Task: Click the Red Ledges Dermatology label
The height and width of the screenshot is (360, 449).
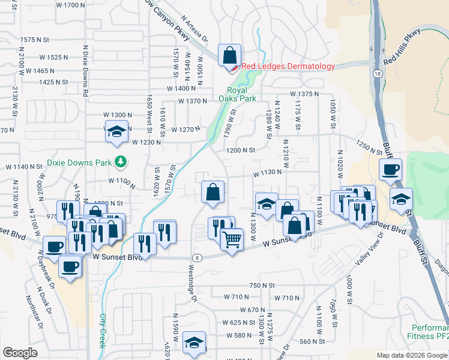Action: click(288, 67)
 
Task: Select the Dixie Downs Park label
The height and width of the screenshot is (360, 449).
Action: click(79, 162)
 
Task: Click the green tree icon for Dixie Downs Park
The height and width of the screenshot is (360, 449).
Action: click(121, 161)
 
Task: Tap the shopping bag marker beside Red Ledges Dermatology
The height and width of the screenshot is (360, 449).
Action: click(229, 56)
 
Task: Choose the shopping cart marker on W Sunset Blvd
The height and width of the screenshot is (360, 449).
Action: click(231, 240)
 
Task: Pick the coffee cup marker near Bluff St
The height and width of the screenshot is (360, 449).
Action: click(390, 170)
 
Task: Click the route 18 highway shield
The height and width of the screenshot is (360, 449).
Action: click(376, 72)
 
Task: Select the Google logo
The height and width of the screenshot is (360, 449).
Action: click(20, 353)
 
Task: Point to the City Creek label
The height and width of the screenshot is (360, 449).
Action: click(103, 326)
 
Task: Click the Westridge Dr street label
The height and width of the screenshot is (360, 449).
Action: click(193, 282)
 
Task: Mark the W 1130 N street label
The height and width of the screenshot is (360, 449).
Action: click(267, 172)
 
